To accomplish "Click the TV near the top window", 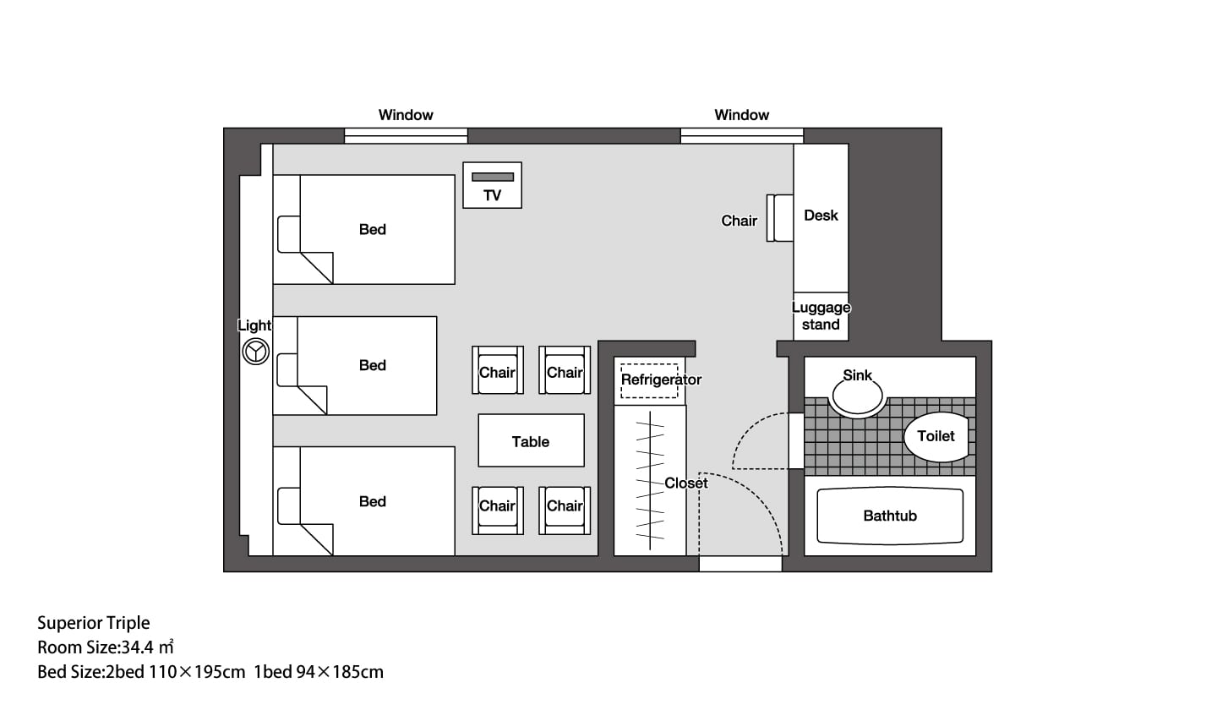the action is (x=492, y=185).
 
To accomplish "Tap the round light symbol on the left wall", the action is (x=255, y=352).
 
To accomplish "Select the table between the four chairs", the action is (x=532, y=440).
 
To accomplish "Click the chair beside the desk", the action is (x=780, y=218).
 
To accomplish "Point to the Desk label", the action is (x=821, y=216).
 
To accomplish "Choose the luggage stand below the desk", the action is (x=821, y=317).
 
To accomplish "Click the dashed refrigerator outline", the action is (x=649, y=380).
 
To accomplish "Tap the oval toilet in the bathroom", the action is (x=936, y=436).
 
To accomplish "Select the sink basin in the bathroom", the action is (x=857, y=396).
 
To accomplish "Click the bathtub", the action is (x=890, y=516).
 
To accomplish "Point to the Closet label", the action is (x=686, y=483).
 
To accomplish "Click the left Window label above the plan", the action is (x=406, y=115).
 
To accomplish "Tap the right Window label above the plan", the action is (x=742, y=115).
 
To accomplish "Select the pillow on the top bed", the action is (x=289, y=234).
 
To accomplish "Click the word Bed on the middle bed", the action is (x=373, y=365).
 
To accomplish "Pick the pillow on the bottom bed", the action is (x=289, y=505).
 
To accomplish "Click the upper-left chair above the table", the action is (x=498, y=370).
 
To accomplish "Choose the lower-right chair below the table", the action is (x=565, y=510).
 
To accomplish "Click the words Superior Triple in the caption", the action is (x=94, y=623).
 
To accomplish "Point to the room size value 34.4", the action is (x=138, y=647).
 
